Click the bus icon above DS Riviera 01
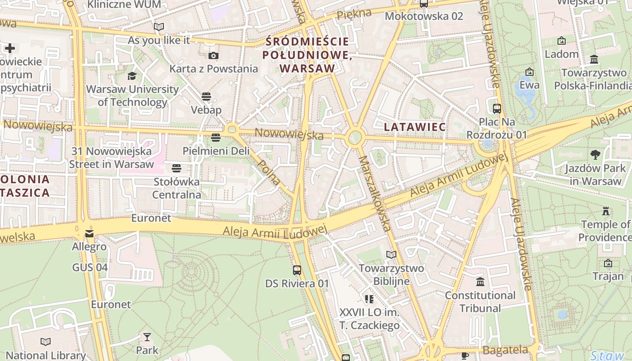pos(297,270)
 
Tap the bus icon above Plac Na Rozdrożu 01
pos(497,108)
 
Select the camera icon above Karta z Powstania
pos(214,56)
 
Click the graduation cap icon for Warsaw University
pos(132,76)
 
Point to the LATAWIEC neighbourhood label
pos(415,127)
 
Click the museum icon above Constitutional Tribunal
pos(480,282)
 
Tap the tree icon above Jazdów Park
pos(595,155)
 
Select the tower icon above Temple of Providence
pos(605,211)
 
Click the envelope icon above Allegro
pos(89,234)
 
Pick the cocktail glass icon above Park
pos(147,337)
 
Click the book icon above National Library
pos(46,342)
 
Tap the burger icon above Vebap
pos(206,96)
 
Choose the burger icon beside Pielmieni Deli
pos(216,137)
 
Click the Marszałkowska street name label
pos(375,194)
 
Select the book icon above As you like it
pos(159,27)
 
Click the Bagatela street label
pos(505,350)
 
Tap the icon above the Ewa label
pos(530,72)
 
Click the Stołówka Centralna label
pos(177,189)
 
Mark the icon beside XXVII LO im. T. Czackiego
pos(369,299)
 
